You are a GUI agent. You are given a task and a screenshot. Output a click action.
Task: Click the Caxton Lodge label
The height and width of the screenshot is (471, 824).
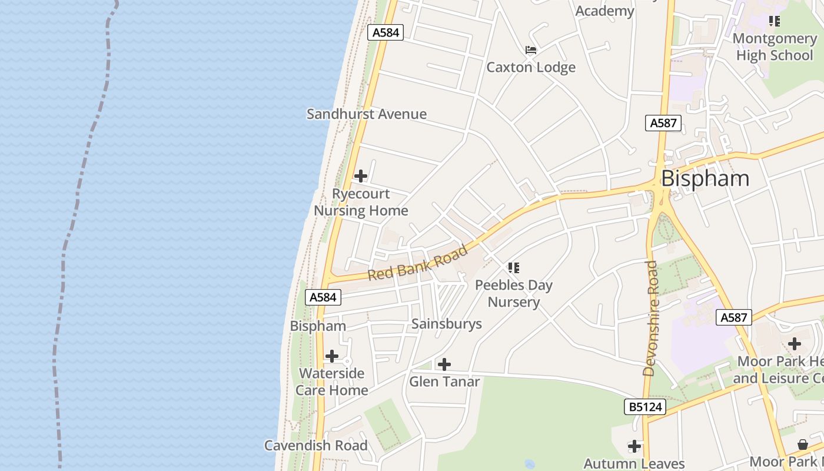pyautogui.click(x=530, y=67)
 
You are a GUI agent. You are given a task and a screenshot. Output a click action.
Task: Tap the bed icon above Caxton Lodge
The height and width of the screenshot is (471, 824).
pyautogui.click(x=531, y=50)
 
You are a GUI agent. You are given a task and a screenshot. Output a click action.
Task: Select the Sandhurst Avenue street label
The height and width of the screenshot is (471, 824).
pyautogui.click(x=366, y=114)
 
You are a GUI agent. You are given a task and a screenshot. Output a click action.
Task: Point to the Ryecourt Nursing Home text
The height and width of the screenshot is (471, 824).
pyautogui.click(x=361, y=202)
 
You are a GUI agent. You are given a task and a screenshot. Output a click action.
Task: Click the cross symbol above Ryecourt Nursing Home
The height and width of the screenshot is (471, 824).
pyautogui.click(x=361, y=176)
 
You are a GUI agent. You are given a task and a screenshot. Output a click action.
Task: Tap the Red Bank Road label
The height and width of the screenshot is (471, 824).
pyautogui.click(x=418, y=263)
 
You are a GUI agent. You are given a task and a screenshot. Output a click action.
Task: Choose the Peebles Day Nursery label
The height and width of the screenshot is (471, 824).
pyautogui.click(x=514, y=293)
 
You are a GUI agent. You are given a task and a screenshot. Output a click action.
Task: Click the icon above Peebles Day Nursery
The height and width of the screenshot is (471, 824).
pyautogui.click(x=514, y=268)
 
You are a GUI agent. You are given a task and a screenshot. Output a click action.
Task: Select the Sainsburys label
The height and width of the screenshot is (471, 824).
pyautogui.click(x=446, y=324)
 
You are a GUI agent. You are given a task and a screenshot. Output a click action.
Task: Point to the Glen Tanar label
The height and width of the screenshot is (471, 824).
pyautogui.click(x=444, y=382)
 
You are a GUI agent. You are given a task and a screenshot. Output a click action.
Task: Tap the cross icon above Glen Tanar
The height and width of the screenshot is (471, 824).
pyautogui.click(x=444, y=364)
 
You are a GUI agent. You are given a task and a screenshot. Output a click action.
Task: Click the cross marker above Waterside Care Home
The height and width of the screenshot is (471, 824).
pyautogui.click(x=332, y=356)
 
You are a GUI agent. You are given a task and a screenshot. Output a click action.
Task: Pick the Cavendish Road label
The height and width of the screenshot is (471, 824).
pyautogui.click(x=315, y=445)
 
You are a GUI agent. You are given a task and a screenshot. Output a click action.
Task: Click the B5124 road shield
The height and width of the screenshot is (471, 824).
pyautogui.click(x=645, y=406)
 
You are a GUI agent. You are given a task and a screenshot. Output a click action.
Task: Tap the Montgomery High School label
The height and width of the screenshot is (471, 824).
pyautogui.click(x=775, y=47)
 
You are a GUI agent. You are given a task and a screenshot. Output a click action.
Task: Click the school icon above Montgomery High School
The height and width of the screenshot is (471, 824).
pyautogui.click(x=775, y=21)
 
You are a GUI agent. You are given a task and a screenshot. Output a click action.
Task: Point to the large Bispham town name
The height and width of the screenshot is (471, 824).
pyautogui.click(x=705, y=178)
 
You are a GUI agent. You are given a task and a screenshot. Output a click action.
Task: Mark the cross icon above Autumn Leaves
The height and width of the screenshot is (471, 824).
pyautogui.click(x=634, y=446)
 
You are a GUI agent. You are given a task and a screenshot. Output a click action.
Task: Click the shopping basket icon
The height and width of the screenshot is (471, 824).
pyautogui.click(x=803, y=444)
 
